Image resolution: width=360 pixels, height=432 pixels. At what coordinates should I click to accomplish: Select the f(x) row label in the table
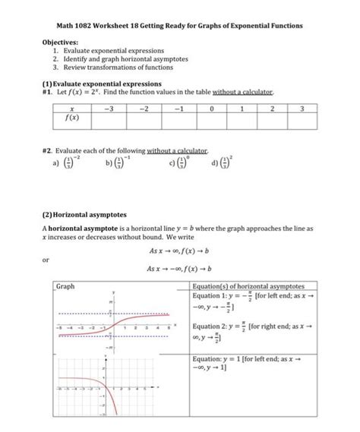pos(71,118)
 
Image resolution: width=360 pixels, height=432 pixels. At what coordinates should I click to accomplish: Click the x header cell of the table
pos(71,109)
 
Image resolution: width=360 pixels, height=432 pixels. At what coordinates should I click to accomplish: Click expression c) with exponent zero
pos(176,162)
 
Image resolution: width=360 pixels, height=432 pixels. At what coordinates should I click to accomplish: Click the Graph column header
pos(67,286)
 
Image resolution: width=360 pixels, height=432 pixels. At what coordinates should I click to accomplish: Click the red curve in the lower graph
pos(106,395)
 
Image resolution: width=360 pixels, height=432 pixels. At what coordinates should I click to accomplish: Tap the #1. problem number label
pos(48,91)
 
